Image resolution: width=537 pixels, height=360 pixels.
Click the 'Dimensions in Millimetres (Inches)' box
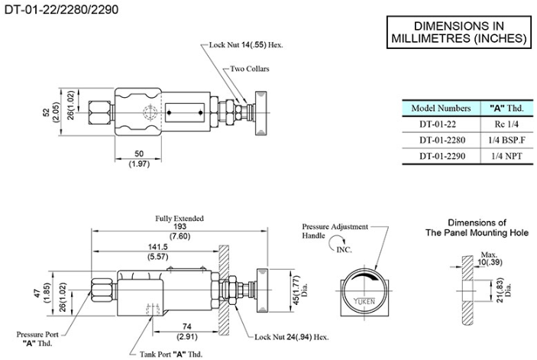coord(458,31)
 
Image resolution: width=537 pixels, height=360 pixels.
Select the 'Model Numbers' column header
coord(441,109)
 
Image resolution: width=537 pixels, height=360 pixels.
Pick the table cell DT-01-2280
coord(441,141)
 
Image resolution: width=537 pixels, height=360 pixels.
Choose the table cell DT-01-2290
coord(441,157)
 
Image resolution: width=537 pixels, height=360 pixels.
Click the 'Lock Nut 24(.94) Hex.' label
coord(291,337)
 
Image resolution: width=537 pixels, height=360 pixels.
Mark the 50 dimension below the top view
coord(138,154)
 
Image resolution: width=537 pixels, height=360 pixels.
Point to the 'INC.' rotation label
coord(345,249)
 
